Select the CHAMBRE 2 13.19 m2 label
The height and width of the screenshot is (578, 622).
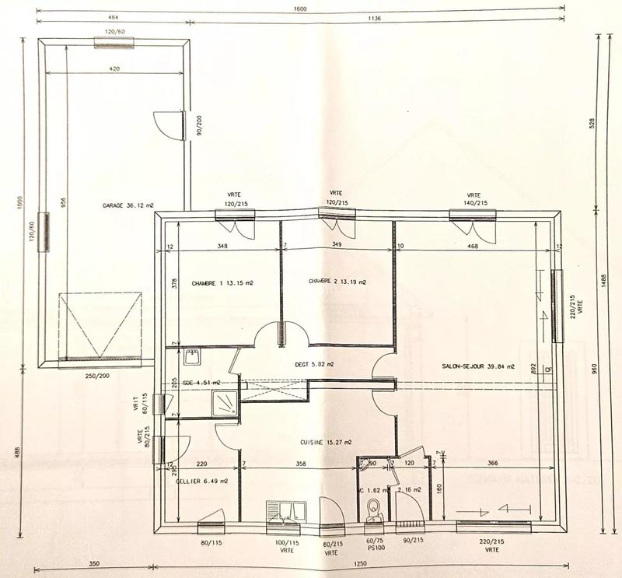(337, 282)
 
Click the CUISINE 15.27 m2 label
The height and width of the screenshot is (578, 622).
(326, 443)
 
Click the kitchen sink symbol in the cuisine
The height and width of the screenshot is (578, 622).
(286, 511)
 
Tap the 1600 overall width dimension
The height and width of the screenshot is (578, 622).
(300, 9)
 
